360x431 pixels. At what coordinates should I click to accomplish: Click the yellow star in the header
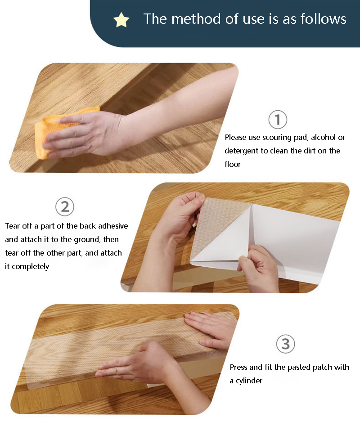121,20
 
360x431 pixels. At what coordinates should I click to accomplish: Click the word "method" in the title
196,19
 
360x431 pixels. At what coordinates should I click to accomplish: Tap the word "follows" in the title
323,19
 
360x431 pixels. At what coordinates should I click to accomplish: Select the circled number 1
278,120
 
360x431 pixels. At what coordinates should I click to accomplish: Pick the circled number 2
65,207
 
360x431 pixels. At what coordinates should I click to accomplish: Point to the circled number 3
285,344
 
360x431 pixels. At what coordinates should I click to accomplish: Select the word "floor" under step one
233,164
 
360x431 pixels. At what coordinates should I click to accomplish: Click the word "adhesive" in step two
113,226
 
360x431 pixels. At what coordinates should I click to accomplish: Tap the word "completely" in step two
30,267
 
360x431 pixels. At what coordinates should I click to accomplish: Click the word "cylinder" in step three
249,381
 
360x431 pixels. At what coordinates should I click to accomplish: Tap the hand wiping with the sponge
82,135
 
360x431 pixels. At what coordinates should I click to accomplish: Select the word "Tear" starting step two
12,226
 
